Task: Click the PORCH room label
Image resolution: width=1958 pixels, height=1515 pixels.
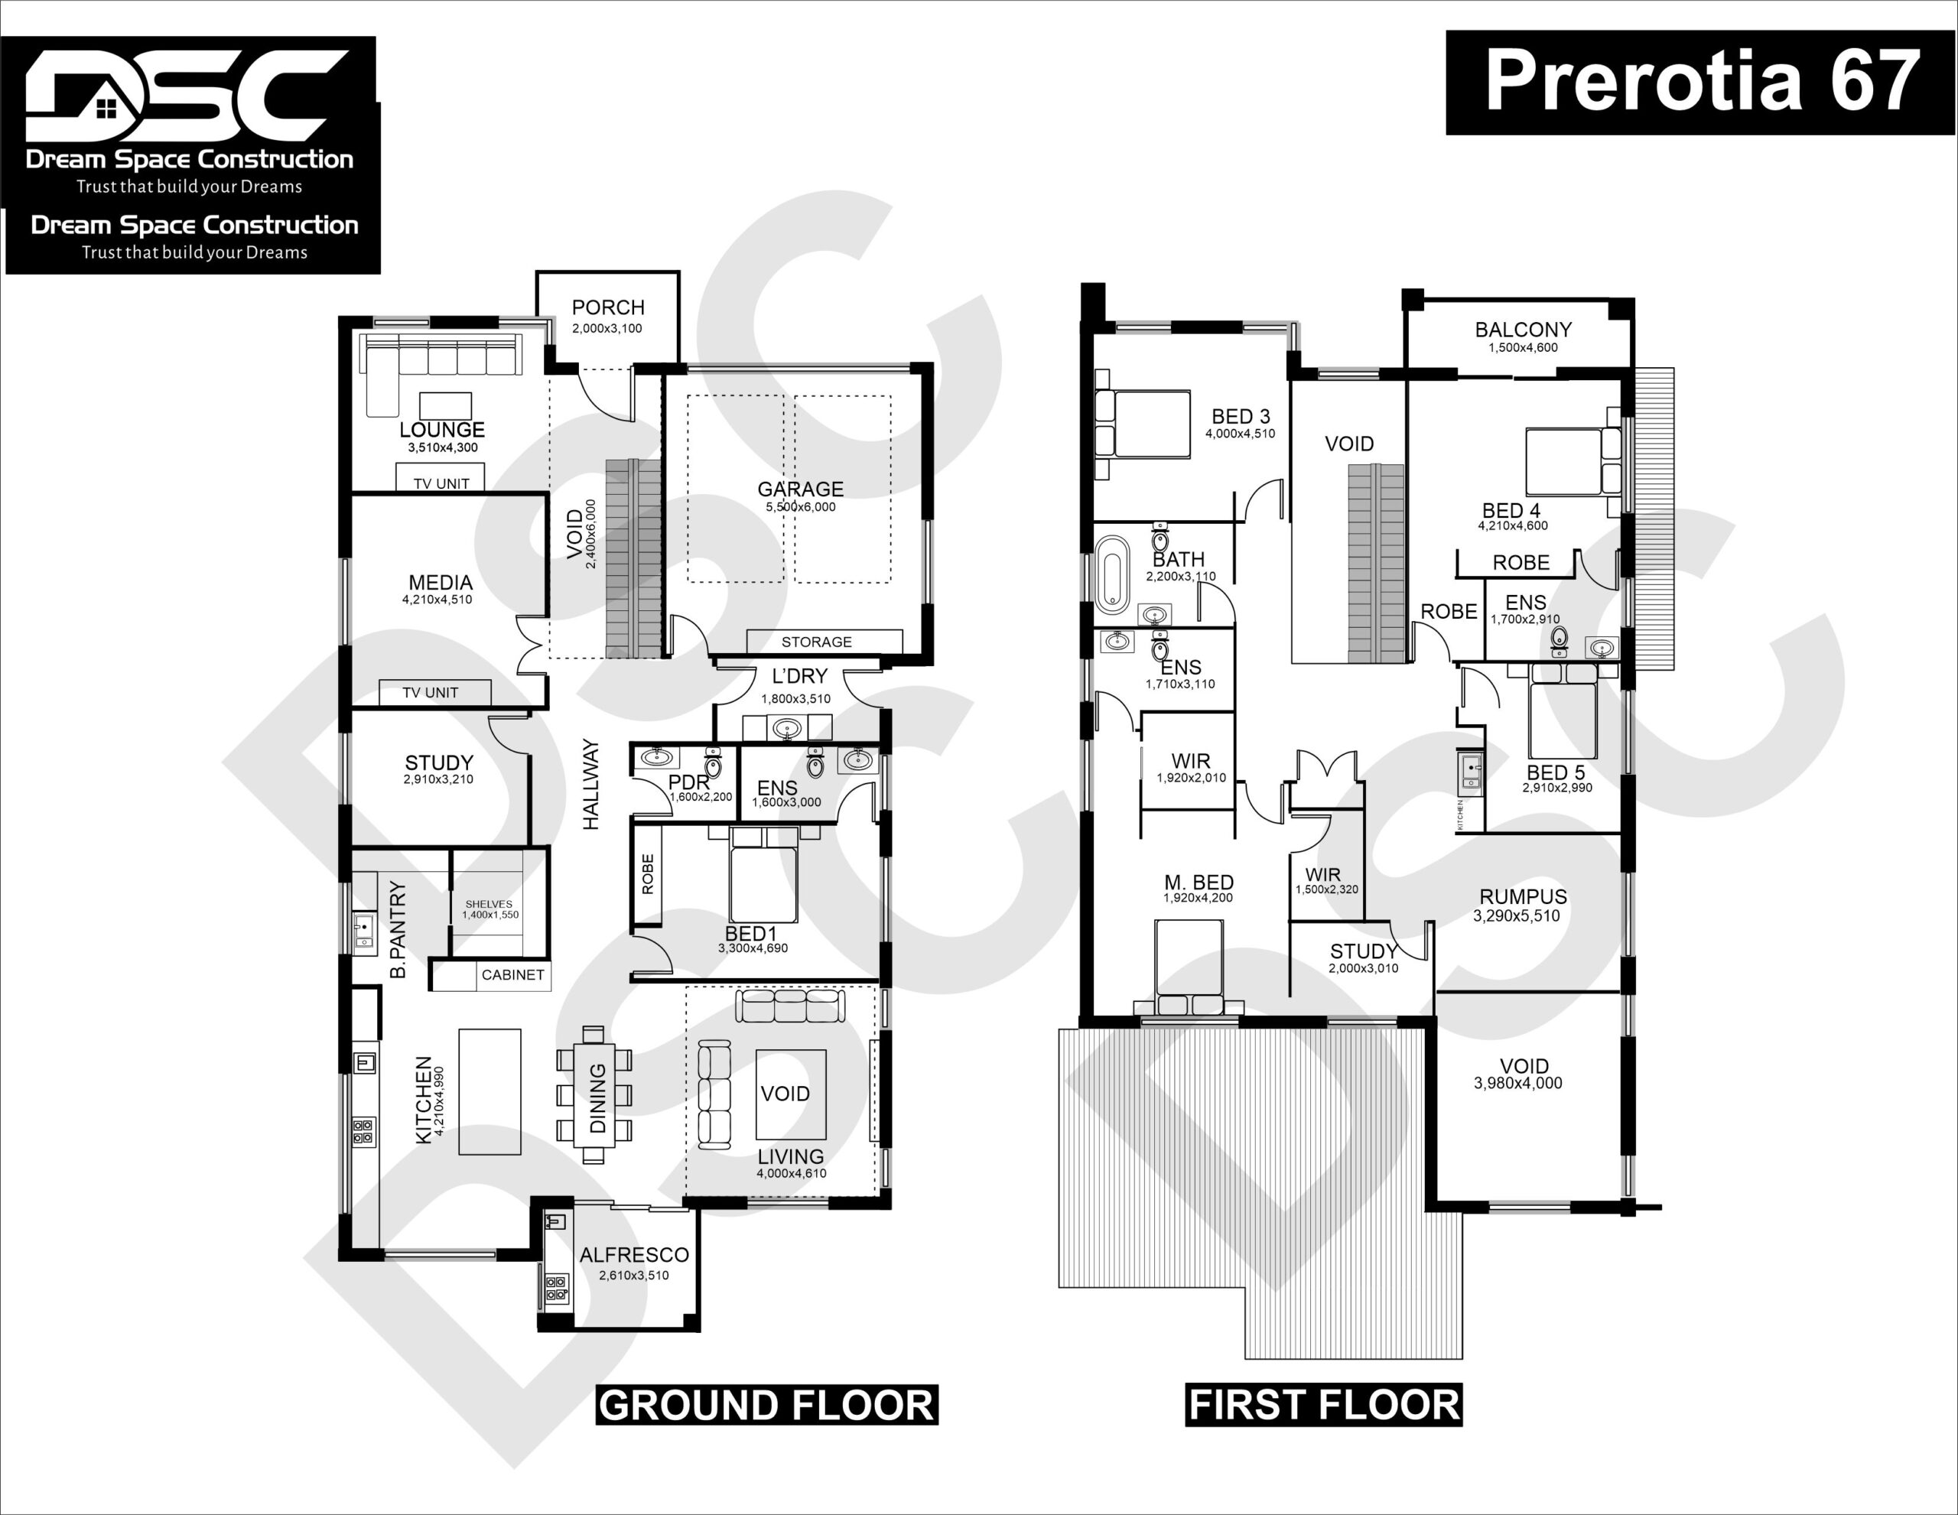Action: pyautogui.click(x=608, y=307)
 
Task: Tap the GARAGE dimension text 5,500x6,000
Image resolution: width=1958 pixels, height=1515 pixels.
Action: pyautogui.click(x=801, y=507)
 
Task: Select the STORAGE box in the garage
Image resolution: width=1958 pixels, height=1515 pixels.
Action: pyautogui.click(x=824, y=642)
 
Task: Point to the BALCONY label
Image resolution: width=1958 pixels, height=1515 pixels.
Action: pyautogui.click(x=1524, y=330)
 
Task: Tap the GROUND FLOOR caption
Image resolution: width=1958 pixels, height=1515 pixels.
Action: pyautogui.click(x=766, y=1405)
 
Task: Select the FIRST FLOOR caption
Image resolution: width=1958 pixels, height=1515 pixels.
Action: pyautogui.click(x=1324, y=1405)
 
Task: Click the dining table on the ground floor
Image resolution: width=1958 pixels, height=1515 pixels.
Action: pyautogui.click(x=594, y=1094)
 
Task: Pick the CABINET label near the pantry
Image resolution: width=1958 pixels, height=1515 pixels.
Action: pyautogui.click(x=512, y=974)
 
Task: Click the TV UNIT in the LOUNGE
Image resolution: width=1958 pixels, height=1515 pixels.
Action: pyautogui.click(x=441, y=478)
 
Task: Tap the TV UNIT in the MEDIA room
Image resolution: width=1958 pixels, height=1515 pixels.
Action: pyautogui.click(x=434, y=693)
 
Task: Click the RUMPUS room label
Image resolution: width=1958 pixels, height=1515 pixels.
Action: pyautogui.click(x=1524, y=896)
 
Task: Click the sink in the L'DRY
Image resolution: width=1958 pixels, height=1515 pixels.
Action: pyautogui.click(x=788, y=729)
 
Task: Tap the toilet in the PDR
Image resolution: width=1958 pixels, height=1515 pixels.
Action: pyautogui.click(x=713, y=763)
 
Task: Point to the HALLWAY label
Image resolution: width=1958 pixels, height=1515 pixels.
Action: pyautogui.click(x=590, y=785)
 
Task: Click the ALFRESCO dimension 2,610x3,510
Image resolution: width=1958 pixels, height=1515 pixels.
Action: pyautogui.click(x=635, y=1276)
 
